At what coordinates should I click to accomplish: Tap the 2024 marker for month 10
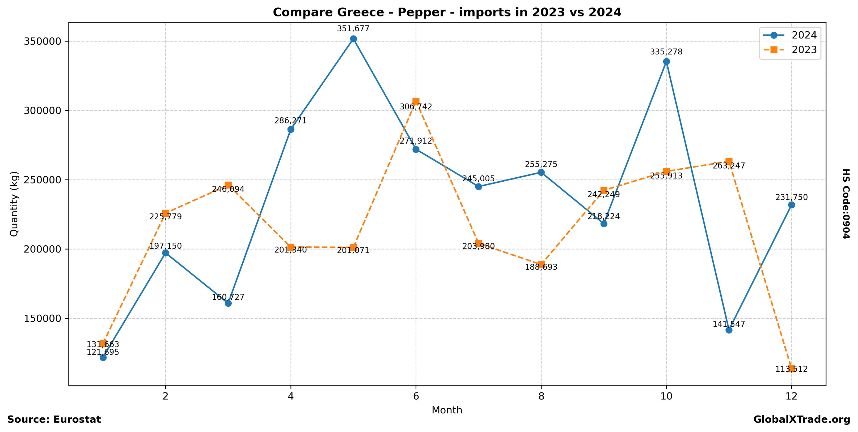coord(666,62)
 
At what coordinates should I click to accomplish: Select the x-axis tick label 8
coord(541,396)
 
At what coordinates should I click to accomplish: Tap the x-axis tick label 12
coord(791,396)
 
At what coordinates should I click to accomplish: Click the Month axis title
coord(447,410)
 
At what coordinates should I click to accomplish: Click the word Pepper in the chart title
coord(421,12)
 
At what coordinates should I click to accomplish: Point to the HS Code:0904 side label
coord(846,204)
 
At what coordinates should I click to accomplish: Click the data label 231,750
coord(791,197)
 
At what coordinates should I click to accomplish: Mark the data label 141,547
coord(729,324)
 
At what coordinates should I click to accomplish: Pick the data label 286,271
coord(290,121)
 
